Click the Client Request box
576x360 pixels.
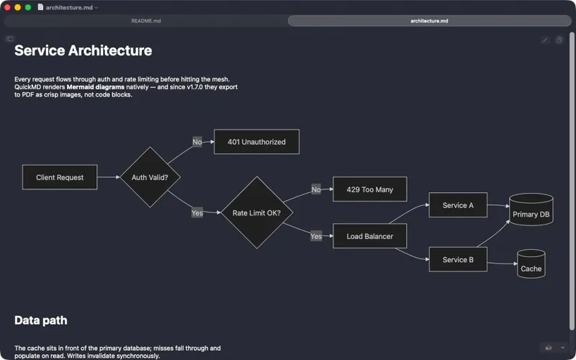pyautogui.click(x=60, y=177)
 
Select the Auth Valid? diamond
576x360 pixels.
pyautogui.click(x=150, y=177)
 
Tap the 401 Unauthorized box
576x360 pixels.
pyautogui.click(x=256, y=142)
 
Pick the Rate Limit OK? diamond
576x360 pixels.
pyautogui.click(x=257, y=212)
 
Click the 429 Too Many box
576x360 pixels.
pyautogui.click(x=370, y=189)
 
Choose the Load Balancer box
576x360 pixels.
pyautogui.click(x=370, y=236)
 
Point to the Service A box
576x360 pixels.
pyautogui.click(x=458, y=205)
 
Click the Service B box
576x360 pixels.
pyautogui.click(x=458, y=259)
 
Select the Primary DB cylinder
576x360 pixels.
pyautogui.click(x=531, y=210)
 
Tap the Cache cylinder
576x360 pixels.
pyautogui.click(x=531, y=264)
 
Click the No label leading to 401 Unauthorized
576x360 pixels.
pyautogui.click(x=197, y=142)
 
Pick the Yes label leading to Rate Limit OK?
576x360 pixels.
pyautogui.click(x=197, y=212)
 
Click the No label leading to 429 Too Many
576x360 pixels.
pyautogui.click(x=316, y=189)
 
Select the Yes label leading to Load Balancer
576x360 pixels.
pyautogui.click(x=316, y=236)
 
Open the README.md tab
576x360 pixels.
pyautogui.click(x=146, y=21)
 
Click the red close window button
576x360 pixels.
pyautogui.click(x=7, y=7)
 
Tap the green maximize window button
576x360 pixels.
pyautogui.click(x=28, y=7)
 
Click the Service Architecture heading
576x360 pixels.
pyautogui.click(x=83, y=50)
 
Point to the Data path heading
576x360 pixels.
pyautogui.click(x=41, y=320)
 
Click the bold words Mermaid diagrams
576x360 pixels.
pyautogui.click(x=96, y=87)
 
